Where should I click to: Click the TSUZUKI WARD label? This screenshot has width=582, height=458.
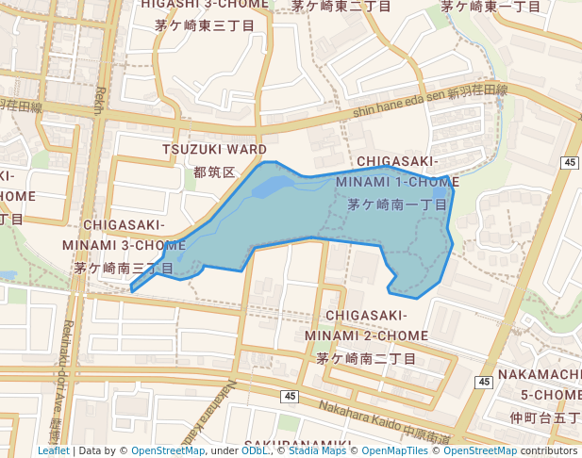(x=214, y=150)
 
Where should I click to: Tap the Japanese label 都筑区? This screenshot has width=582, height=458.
(x=212, y=172)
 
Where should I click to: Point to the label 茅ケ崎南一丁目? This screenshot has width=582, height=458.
(x=396, y=204)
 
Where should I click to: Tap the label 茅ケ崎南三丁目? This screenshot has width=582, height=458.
(x=125, y=269)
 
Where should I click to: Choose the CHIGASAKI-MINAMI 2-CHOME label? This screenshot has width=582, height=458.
(x=367, y=325)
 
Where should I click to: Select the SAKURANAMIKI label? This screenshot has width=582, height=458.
(x=297, y=444)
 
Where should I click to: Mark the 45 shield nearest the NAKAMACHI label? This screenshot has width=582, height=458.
(x=484, y=382)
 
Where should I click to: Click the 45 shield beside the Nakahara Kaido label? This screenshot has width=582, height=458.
(x=289, y=397)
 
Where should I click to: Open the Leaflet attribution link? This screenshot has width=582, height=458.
(x=53, y=450)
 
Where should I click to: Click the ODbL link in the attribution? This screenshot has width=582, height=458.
(x=255, y=450)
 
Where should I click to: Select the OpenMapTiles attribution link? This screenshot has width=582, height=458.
(x=393, y=450)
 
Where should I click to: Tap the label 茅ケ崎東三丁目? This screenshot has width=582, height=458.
(x=206, y=25)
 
